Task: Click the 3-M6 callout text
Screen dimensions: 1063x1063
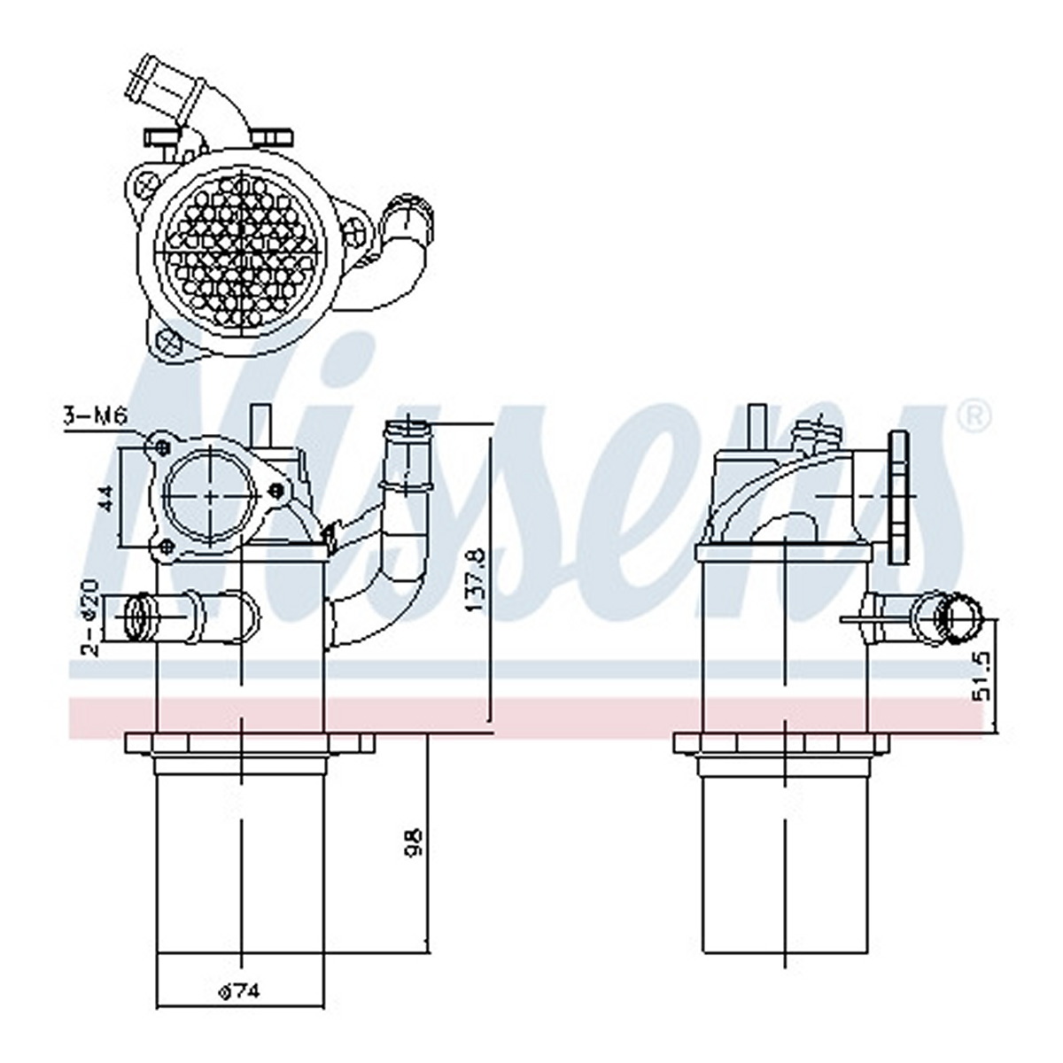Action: pyautogui.click(x=96, y=416)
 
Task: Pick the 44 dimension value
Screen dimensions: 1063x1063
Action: pyautogui.click(x=107, y=498)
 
